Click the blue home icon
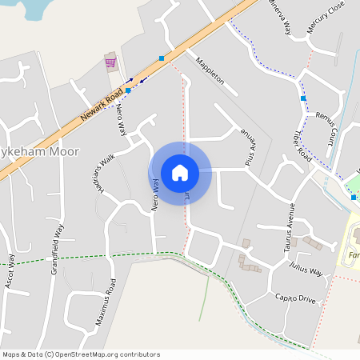(180, 173)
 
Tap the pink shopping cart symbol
(110, 62)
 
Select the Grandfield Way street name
(57, 249)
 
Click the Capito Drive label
(296, 299)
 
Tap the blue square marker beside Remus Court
(303, 98)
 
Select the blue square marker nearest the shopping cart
(128, 90)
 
